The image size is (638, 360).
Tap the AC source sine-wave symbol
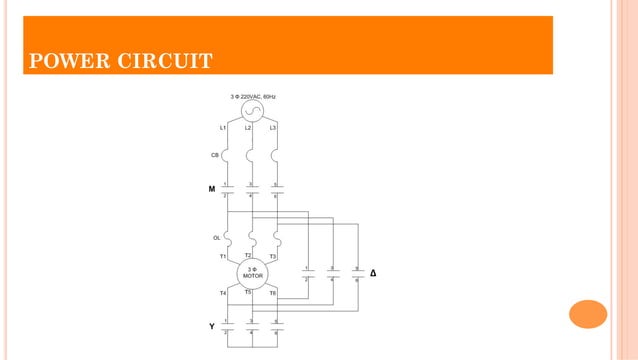[252, 111]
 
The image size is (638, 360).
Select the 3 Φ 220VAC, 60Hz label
[253, 96]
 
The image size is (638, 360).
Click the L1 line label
[222, 129]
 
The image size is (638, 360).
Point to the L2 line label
[248, 129]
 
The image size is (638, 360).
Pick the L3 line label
[273, 129]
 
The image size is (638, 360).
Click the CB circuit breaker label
[215, 155]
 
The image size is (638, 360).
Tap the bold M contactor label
[212, 189]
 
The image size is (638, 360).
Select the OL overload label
[216, 238]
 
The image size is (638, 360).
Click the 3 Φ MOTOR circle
[252, 273]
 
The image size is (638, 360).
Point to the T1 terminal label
[222, 257]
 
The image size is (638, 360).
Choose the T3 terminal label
[273, 257]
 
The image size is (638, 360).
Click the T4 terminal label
[222, 293]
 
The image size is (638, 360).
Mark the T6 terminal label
[273, 293]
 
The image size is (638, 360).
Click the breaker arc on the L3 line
[276, 156]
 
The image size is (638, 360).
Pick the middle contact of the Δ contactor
[333, 274]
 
